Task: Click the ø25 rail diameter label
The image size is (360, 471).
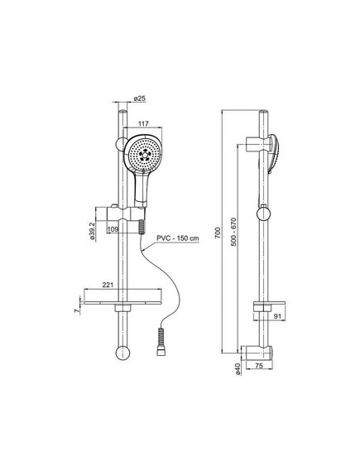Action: coord(140,99)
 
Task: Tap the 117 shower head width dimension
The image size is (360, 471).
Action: coord(143,123)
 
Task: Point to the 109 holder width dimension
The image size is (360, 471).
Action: coord(113,229)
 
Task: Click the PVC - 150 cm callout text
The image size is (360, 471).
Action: coord(178,238)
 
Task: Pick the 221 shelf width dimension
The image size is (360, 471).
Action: coord(108,285)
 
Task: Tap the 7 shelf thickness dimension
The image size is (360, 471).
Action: coord(77,310)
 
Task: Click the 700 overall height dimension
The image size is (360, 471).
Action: coord(218,233)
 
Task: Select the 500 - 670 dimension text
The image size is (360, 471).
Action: coord(234,232)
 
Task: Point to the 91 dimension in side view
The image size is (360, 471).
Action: coord(278,316)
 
